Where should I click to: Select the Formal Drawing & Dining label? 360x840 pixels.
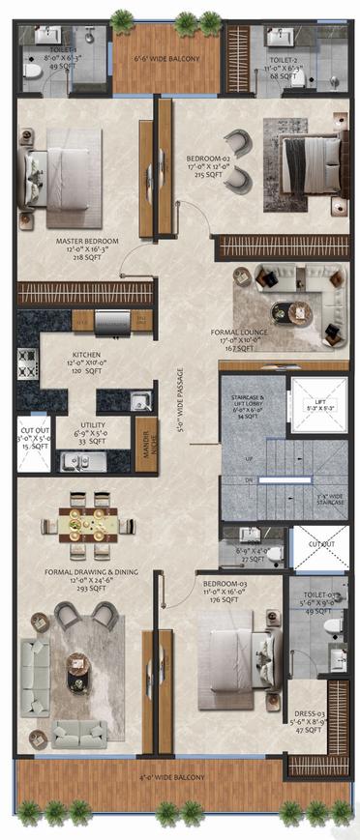click(91, 572)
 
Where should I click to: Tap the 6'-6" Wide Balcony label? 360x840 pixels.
click(165, 59)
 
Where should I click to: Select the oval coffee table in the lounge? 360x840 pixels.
click(287, 312)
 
